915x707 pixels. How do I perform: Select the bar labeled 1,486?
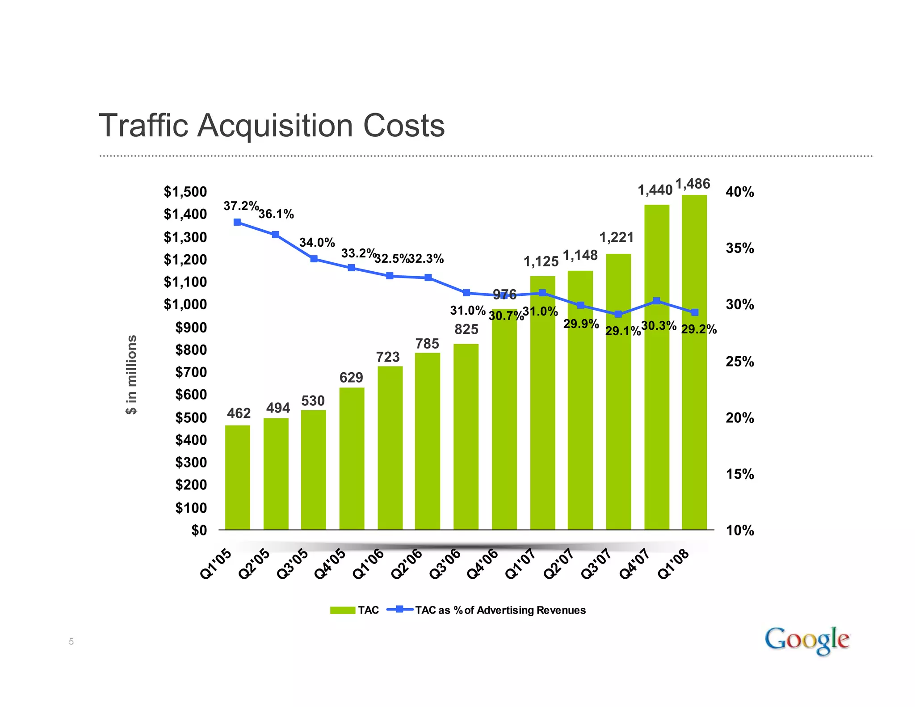point(694,362)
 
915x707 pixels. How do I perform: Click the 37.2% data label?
point(241,206)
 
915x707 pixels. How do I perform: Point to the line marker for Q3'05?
point(314,259)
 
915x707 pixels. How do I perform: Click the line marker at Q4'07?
point(656,301)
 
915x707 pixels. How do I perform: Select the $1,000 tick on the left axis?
point(185,304)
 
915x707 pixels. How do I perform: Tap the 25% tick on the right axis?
point(739,361)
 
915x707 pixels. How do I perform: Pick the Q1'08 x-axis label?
point(674,564)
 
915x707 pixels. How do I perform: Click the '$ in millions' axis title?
point(131,375)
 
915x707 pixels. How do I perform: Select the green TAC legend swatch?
point(343,610)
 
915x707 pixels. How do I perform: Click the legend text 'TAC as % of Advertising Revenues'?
point(500,610)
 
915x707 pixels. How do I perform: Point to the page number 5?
point(71,642)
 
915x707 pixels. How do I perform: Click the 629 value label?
point(351,378)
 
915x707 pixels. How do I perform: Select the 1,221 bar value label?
point(616,237)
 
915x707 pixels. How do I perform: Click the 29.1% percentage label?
point(622,332)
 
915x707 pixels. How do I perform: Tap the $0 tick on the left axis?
point(199,530)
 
